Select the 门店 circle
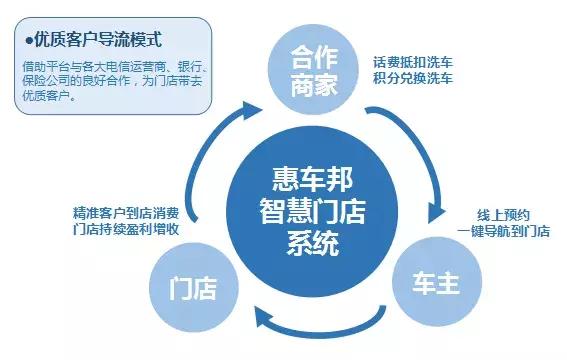coord(195,289)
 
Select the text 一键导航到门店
coord(499,231)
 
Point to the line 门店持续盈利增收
coord(126,231)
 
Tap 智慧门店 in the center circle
coord(298,211)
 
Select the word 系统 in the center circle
coord(298,243)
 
